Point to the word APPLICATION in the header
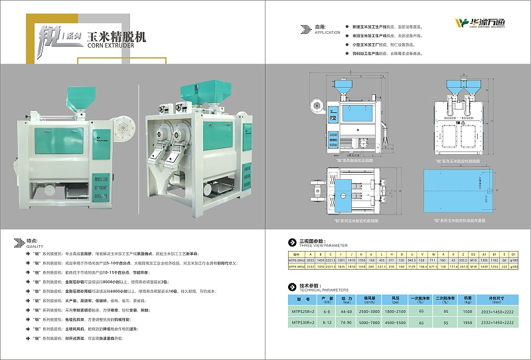(327, 32)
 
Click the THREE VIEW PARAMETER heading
(314, 244)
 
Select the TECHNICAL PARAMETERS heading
(314, 290)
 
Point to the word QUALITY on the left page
(33, 244)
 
